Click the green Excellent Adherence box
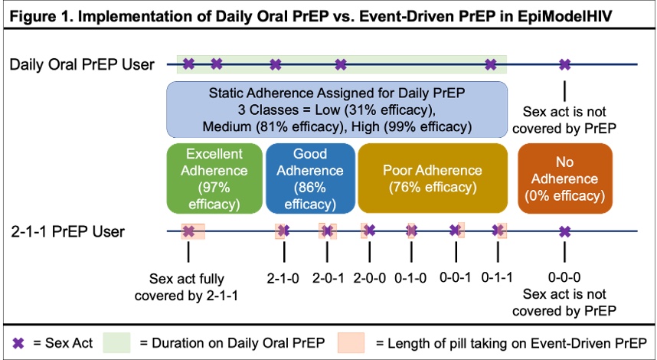214,178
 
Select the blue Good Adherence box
310,178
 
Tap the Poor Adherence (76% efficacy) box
433,178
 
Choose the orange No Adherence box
565,178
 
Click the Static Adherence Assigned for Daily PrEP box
337,110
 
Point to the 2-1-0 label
283,278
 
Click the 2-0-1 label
328,278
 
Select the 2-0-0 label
370,278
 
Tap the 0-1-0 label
410,278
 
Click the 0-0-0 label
564,278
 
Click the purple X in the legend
18,344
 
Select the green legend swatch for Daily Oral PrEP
116,343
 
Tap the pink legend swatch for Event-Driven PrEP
351,343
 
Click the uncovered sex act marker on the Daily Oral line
565,64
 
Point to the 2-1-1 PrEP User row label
67,232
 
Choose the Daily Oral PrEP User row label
82,65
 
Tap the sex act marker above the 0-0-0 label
565,231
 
